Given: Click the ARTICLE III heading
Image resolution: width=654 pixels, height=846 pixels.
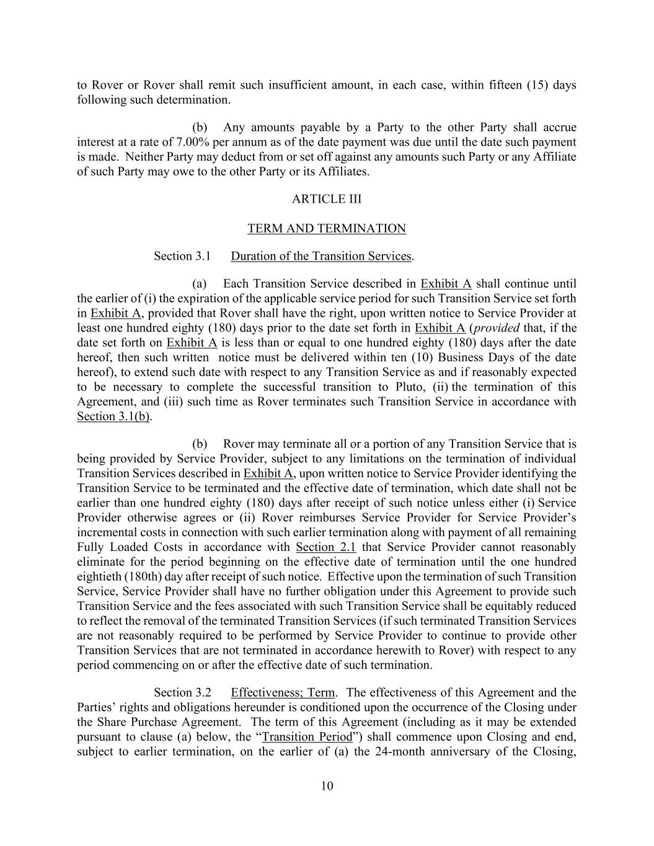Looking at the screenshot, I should pos(326,199).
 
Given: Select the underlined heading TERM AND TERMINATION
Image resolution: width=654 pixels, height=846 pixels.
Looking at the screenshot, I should pos(326,229).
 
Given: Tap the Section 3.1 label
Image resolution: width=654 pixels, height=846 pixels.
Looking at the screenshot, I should pos(182,256).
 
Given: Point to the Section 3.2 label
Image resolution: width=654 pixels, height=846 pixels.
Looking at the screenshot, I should pos(182,692).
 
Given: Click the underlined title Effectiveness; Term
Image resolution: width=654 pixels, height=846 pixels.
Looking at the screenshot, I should pos(282,692).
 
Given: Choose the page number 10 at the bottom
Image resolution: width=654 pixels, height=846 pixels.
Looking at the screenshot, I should pos(327,787).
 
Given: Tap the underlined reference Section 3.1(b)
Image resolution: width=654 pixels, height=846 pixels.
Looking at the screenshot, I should pos(113,416).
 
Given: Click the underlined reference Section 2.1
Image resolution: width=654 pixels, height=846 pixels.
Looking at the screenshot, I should pos(325,547).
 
